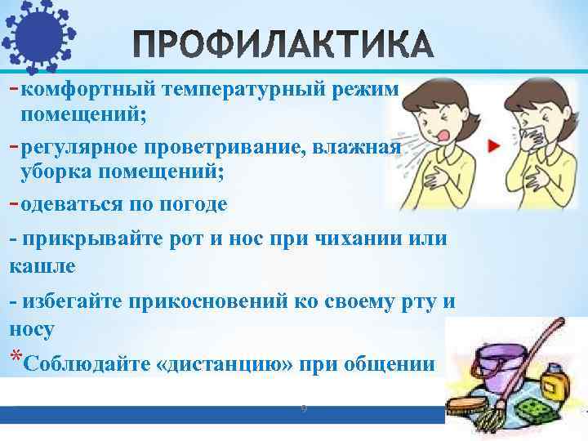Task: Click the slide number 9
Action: (x=302, y=406)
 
